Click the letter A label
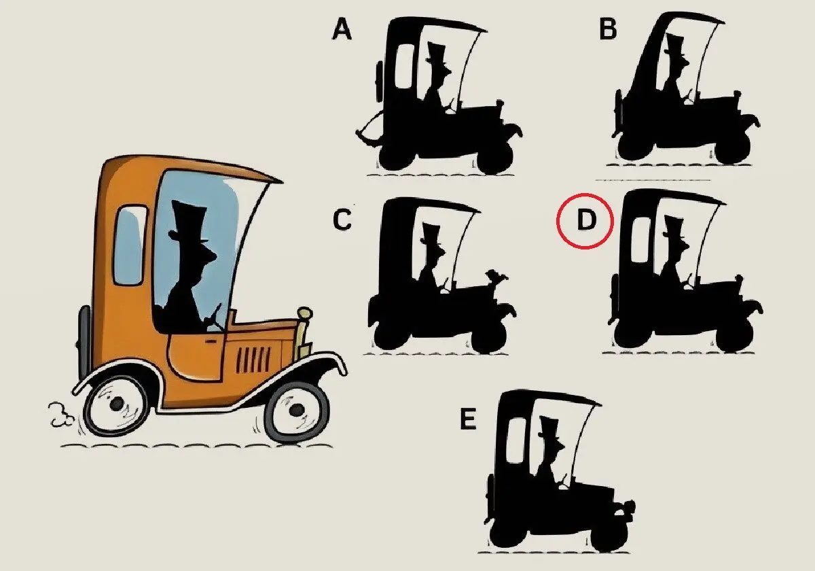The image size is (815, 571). pyautogui.click(x=342, y=29)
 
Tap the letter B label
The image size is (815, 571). pyautogui.click(x=608, y=29)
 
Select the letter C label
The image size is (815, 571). pyautogui.click(x=342, y=220)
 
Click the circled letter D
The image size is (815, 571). pyautogui.click(x=585, y=220)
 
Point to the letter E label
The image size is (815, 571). pyautogui.click(x=468, y=419)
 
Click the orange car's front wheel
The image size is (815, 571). pyautogui.click(x=297, y=411)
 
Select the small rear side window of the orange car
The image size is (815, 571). pyautogui.click(x=130, y=245)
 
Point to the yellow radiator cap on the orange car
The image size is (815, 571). pyautogui.click(x=305, y=313)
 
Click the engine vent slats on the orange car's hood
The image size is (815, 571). pyautogui.click(x=254, y=359)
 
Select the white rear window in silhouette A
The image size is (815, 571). pyautogui.click(x=405, y=67)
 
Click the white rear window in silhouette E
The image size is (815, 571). pyautogui.click(x=516, y=440)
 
